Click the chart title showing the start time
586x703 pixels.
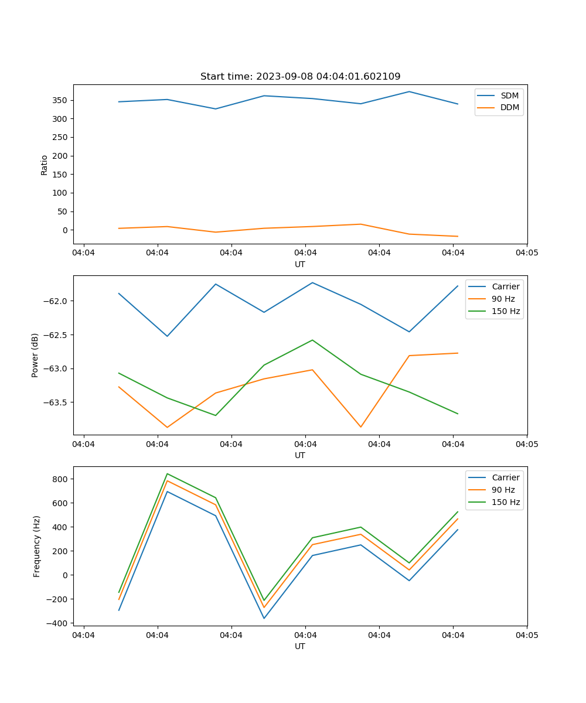tap(300, 77)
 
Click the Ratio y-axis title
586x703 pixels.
tap(45, 165)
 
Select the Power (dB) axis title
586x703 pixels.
tap(35, 355)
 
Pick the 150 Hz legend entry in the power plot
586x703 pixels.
tap(506, 311)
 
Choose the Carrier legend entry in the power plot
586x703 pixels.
tap(505, 286)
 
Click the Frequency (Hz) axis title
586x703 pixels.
tap(37, 546)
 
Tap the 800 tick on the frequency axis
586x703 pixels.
tap(61, 479)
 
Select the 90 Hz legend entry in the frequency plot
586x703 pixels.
tap(503, 490)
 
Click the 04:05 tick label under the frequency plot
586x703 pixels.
tap(527, 635)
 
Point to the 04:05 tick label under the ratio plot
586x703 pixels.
tap(527, 253)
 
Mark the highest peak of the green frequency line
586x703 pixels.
tap(168, 474)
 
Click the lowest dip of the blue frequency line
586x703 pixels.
tap(264, 618)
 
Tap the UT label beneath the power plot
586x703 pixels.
tap(300, 455)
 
